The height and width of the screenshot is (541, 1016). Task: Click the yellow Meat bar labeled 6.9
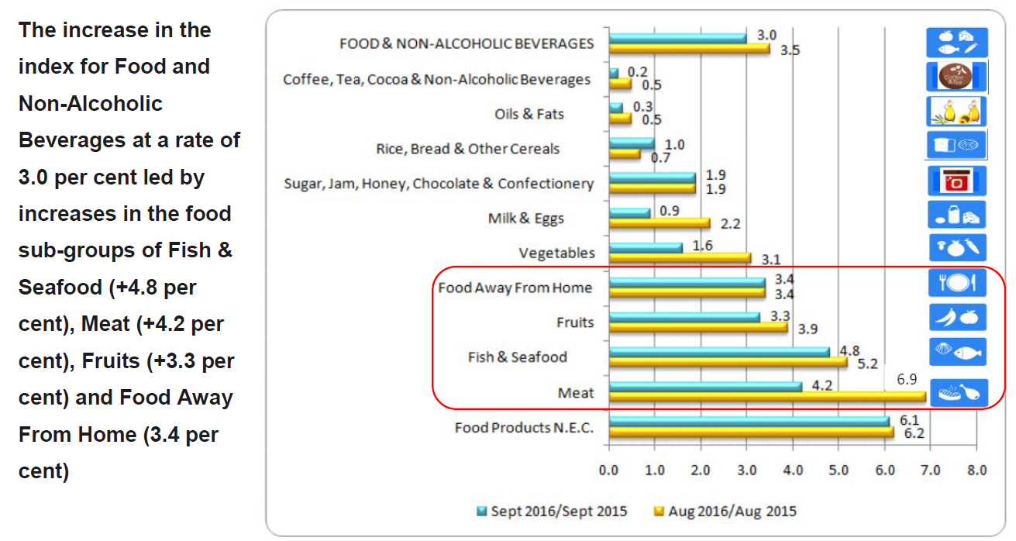[767, 398]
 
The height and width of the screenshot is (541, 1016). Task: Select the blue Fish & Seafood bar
[719, 352]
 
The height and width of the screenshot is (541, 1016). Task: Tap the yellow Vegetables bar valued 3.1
[680, 257]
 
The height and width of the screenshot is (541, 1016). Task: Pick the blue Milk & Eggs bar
[630, 213]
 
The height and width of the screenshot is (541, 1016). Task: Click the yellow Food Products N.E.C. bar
[751, 432]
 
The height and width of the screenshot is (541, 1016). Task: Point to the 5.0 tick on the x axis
[839, 470]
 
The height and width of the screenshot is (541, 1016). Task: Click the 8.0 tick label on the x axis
[976, 470]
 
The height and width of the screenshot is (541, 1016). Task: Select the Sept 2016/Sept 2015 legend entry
[552, 512]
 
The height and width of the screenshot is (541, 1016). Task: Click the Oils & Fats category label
[529, 114]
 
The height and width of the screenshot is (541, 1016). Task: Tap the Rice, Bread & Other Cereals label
[468, 148]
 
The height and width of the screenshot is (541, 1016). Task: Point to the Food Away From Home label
[515, 288]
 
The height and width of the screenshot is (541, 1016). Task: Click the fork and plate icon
[957, 282]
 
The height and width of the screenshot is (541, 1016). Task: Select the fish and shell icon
[957, 351]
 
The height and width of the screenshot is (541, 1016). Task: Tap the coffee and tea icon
[957, 77]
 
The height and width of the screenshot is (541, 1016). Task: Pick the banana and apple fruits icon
[957, 316]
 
